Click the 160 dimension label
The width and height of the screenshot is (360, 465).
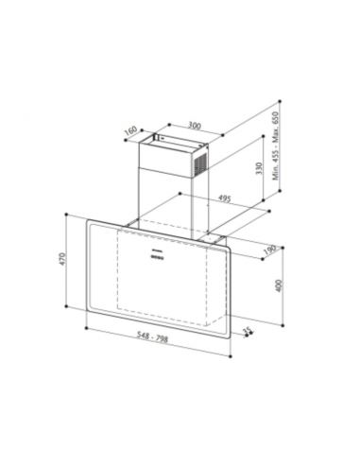[x=132, y=131]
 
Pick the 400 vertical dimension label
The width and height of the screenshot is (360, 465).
[x=277, y=285]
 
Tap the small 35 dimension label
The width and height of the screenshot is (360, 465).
[x=249, y=332]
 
